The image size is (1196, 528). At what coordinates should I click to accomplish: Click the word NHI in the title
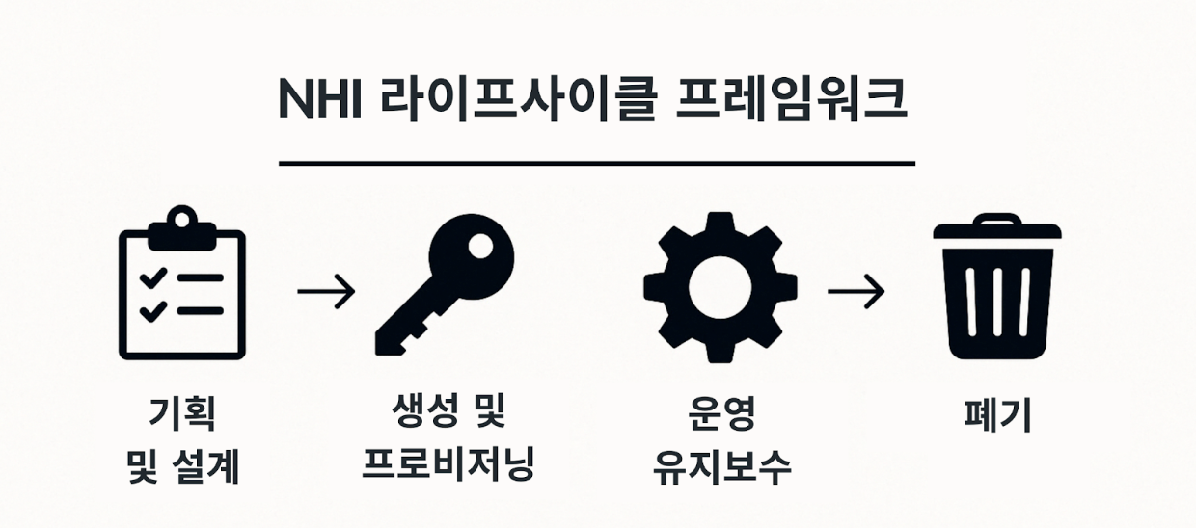tap(319, 100)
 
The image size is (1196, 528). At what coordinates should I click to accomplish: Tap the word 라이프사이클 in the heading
tap(498, 100)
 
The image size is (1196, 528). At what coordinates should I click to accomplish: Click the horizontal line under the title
tap(596, 164)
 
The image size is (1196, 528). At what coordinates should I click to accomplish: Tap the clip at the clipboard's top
tap(181, 223)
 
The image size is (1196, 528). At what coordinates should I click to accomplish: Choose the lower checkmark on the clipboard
tap(152, 310)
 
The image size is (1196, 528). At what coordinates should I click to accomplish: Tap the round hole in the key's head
tap(479, 248)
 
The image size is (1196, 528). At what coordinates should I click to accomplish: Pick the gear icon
tap(720, 287)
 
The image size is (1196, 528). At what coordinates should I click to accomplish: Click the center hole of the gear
tap(720, 287)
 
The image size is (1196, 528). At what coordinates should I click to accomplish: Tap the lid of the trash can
tap(996, 229)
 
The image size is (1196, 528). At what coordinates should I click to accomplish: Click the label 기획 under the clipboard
tap(181, 416)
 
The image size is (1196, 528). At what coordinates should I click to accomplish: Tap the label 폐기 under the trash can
tap(997, 416)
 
